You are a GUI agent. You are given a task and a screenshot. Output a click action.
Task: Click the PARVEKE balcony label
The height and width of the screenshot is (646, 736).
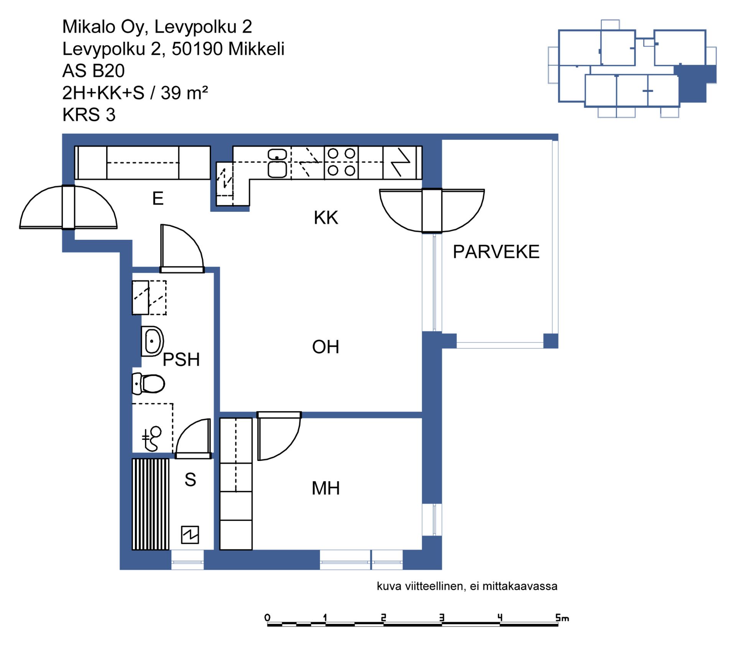point(496,252)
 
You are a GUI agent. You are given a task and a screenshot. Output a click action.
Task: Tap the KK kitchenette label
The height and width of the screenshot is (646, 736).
point(326,218)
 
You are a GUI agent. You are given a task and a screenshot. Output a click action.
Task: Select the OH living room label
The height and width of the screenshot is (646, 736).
point(325,347)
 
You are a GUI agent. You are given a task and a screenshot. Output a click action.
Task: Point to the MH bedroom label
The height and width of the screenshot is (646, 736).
point(325,488)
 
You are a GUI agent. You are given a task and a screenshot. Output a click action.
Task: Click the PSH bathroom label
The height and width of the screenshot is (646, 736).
point(181,359)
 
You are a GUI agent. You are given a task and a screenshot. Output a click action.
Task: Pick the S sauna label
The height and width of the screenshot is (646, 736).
point(190,479)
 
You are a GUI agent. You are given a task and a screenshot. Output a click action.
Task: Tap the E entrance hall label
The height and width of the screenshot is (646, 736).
point(158,198)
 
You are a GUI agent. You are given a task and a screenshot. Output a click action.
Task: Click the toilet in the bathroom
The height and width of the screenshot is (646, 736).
point(148,383)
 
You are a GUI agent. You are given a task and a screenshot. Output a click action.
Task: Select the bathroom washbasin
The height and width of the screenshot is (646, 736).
point(152,341)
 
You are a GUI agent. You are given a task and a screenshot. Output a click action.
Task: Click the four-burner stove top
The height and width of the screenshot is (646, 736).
point(341,162)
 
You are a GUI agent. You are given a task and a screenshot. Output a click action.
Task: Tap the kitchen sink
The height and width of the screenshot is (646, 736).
point(277,163)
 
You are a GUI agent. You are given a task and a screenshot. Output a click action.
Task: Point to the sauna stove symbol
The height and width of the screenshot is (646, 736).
point(190,535)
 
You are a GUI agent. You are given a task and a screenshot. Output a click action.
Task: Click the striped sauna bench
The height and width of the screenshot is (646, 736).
point(151,504)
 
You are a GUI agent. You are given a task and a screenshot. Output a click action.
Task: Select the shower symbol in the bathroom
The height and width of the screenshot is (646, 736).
point(152,438)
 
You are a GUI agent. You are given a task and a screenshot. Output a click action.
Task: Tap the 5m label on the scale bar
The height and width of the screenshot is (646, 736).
point(562,617)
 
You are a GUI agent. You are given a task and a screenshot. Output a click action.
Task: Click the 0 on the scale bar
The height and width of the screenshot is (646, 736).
point(268,617)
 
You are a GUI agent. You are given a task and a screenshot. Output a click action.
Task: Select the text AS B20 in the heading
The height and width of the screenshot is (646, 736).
point(94,71)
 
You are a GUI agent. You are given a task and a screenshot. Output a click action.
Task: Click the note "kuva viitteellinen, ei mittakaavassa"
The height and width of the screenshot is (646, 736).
point(467,586)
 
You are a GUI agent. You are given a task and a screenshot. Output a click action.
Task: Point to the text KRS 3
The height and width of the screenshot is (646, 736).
point(89,115)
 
